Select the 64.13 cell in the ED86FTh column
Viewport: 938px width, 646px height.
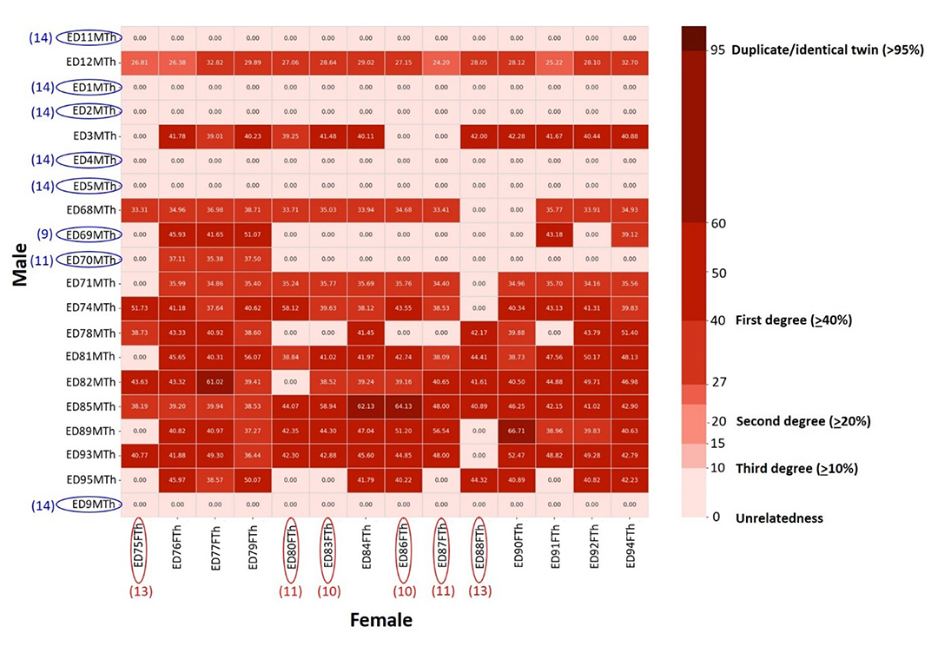click(403, 405)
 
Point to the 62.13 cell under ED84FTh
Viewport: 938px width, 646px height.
click(366, 405)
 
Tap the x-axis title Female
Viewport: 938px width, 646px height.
click(380, 620)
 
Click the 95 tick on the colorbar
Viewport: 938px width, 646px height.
click(717, 49)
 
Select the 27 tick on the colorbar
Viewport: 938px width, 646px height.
click(717, 382)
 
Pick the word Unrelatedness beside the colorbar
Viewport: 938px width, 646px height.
click(779, 518)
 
